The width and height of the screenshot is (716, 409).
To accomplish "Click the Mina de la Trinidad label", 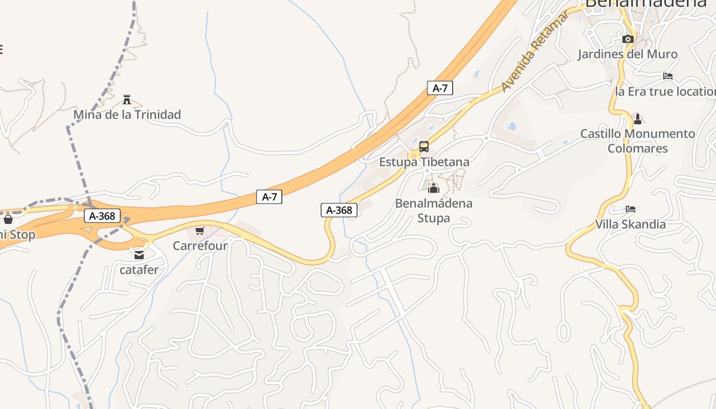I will pos(127,115).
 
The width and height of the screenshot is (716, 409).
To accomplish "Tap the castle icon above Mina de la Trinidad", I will pos(127,99).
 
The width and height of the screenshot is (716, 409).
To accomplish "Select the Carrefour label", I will pos(199,246).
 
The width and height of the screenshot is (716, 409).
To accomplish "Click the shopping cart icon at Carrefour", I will pos(199,231).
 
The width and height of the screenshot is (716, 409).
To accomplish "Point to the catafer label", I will pos(139,269).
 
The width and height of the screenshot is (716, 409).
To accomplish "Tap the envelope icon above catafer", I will pos(139,255).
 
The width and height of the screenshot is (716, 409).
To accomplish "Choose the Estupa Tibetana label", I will pos(424,162).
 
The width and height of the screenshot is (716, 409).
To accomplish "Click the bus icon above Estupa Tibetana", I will pos(424,147).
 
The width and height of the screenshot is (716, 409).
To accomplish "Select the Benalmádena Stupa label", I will pos(434,211).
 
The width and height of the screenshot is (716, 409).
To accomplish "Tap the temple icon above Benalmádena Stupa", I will pos(434,188).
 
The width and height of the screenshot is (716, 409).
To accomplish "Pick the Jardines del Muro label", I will pos(628,54).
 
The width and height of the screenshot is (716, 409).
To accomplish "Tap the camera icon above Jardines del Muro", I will pos(628,39).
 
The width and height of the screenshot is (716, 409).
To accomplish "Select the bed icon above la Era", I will pos(668,76).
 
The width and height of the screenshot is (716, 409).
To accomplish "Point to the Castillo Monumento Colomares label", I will pos(637,141).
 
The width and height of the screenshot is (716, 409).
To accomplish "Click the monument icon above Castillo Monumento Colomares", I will pos(637,119).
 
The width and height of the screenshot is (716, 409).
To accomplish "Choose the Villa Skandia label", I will pos(631,224).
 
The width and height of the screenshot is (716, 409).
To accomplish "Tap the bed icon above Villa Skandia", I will pos(631,209).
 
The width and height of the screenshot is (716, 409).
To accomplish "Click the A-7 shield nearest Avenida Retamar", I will pos(440,88).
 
